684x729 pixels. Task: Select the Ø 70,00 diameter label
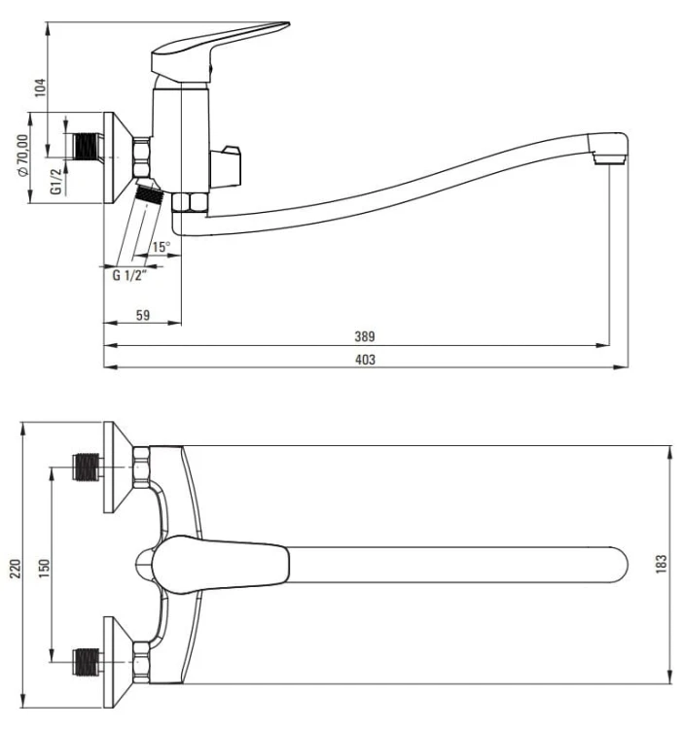22,155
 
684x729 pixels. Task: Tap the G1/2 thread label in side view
56,180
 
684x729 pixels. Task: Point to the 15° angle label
161,247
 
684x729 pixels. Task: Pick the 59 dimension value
141,315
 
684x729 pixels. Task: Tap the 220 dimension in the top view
14,567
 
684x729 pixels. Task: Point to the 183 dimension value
662,564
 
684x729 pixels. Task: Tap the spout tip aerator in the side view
610,152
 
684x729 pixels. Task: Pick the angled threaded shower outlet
148,193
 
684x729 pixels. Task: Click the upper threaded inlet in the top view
90,469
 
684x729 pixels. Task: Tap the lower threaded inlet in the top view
90,665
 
